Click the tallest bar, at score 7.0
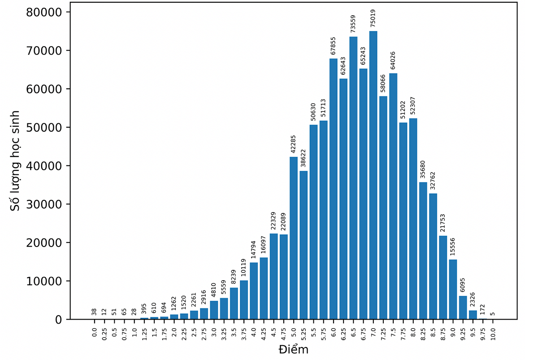coord(373,175)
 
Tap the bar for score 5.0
coord(294,238)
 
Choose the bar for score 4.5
coord(273,276)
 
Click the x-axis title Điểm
coord(293,349)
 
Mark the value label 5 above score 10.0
coord(493,314)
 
